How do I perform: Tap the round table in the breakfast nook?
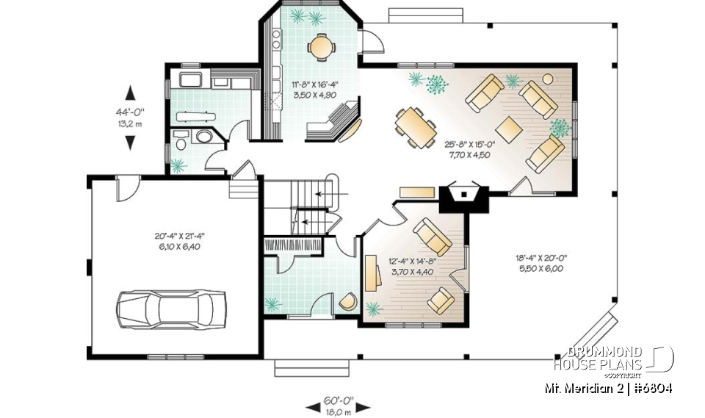coord(321,47)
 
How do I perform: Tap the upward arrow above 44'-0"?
coord(131,93)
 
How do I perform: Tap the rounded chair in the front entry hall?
coord(347,300)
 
